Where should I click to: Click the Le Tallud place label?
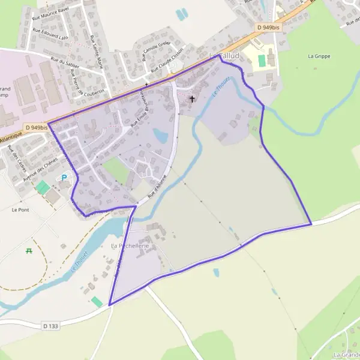click(224, 56)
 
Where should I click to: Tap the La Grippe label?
click(319, 56)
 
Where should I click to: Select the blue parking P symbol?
click(64, 178)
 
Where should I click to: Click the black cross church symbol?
click(193, 98)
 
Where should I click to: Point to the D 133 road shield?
click(51, 326)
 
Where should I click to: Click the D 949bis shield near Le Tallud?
click(268, 27)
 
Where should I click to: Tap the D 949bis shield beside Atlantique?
click(37, 128)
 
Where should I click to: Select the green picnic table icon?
click(29, 251)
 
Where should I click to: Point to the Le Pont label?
click(20, 210)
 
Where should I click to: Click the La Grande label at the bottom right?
click(346, 355)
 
